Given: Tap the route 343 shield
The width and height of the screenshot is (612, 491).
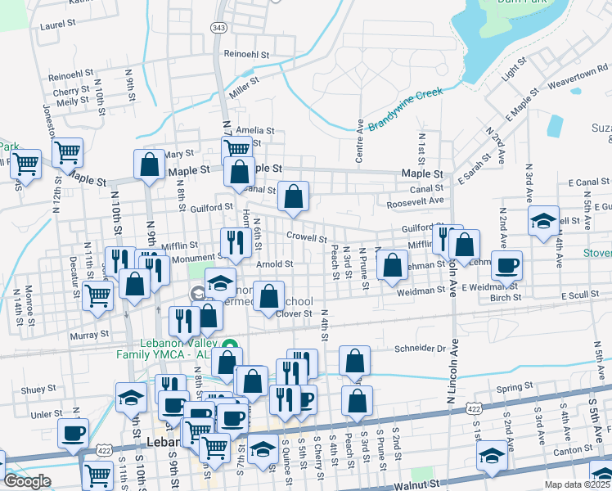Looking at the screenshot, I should click(218, 28).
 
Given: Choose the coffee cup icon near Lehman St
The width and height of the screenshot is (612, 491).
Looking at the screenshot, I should click(506, 264).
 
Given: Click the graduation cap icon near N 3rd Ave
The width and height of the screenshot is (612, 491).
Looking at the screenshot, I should click(543, 220).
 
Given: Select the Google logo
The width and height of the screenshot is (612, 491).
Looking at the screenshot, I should click(27, 481).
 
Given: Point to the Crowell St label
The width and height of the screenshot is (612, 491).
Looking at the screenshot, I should click(307, 239).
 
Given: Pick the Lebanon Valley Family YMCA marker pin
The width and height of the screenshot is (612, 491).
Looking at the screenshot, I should click(231, 347).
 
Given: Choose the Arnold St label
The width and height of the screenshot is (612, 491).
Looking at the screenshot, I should click(274, 264).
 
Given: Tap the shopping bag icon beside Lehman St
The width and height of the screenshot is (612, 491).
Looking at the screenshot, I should click(393, 264).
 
